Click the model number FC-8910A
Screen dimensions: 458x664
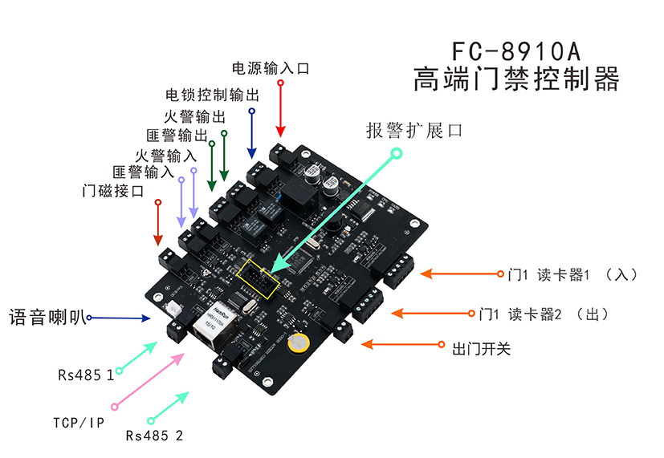515,52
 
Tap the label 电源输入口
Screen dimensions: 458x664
271,68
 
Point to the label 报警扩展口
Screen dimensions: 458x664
414,130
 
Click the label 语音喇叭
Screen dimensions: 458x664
45,317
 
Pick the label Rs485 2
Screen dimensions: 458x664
154,436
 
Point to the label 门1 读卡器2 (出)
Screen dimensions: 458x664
543,314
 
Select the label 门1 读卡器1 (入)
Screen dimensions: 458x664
572,274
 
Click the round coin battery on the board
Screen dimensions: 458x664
299,342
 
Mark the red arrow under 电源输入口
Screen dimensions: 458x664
280,109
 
